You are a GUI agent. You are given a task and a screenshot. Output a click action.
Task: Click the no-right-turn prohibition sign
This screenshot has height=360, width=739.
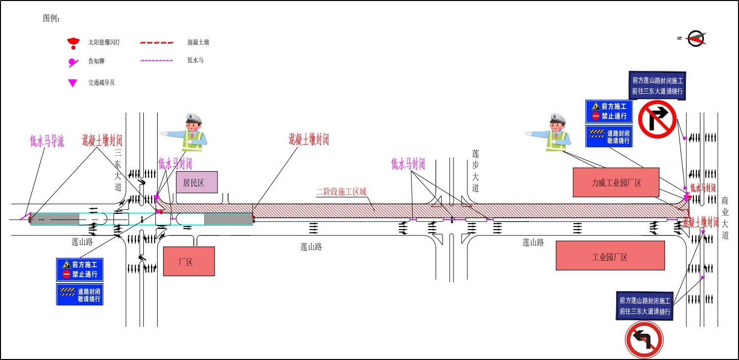pos(657,119)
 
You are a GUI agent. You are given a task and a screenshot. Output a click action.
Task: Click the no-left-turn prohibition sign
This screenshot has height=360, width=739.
pos(644,340)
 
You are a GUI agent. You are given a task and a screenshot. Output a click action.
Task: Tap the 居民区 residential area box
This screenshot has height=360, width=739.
pos(197,182)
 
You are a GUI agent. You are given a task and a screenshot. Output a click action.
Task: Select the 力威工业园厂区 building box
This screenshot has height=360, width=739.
pos(616,182)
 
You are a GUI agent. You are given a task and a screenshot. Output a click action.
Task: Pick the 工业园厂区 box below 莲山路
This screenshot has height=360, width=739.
pos(610,256)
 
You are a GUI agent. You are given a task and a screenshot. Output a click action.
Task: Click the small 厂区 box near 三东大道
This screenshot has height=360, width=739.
pos(189,261)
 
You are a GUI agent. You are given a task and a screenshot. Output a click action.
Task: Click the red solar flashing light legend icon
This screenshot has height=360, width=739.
pos(73,43)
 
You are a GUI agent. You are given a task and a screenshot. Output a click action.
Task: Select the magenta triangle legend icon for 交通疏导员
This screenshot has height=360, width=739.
pos(72,83)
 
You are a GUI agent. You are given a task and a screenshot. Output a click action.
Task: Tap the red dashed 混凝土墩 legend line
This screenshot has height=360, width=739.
pos(157,43)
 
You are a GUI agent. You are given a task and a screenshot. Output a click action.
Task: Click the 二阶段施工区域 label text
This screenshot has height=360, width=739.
pos(341,192)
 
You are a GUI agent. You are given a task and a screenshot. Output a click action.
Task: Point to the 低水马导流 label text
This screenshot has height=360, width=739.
pos(47,141)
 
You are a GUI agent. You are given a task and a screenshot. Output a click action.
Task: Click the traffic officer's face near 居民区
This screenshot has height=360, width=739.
pos(193,124)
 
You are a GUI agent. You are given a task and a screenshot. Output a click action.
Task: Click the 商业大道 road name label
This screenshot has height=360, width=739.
pos(725,217)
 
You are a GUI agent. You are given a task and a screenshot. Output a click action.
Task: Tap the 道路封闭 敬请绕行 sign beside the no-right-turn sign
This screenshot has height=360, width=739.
pos(609,136)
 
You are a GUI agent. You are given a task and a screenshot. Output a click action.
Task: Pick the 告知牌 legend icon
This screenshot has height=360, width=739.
pos(73,62)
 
